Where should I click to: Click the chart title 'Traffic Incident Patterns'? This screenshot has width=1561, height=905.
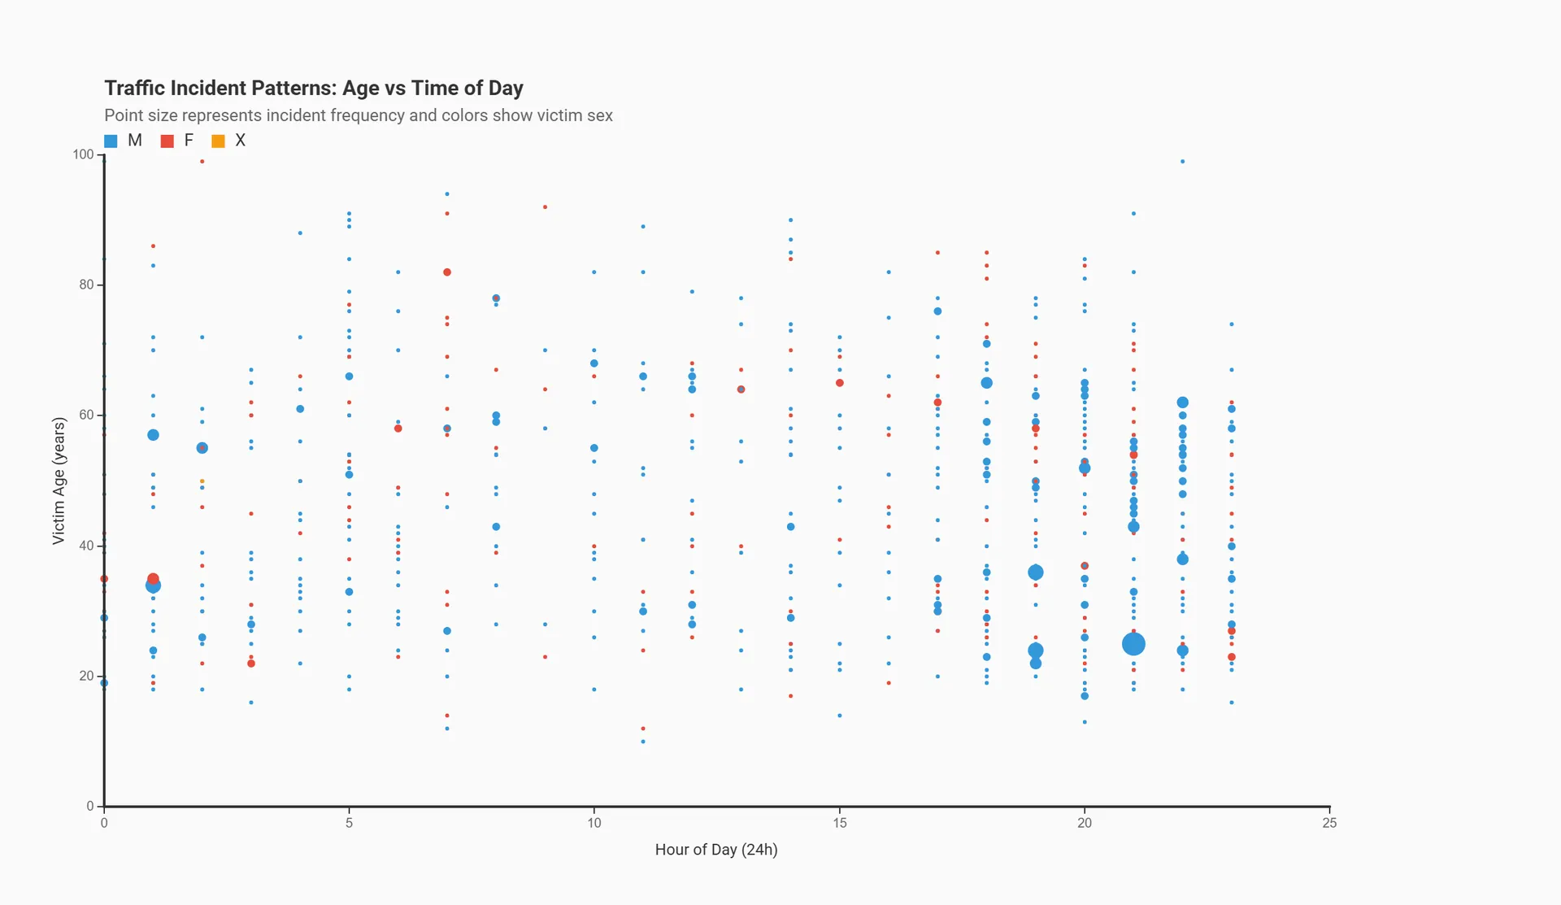(313, 88)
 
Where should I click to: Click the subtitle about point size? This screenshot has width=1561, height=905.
(358, 115)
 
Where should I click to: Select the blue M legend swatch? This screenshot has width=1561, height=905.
(111, 141)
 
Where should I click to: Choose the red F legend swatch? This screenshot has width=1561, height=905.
(167, 141)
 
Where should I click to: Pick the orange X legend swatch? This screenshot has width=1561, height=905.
(218, 141)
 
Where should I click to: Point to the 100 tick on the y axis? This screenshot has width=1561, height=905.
(83, 154)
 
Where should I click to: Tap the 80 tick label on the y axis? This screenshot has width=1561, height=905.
(86, 285)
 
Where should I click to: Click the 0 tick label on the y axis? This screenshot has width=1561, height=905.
(90, 806)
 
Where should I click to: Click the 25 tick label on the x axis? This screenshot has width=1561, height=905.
(1329, 823)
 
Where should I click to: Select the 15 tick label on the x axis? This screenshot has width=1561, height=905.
(839, 823)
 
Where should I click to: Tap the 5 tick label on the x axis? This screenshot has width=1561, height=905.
(350, 823)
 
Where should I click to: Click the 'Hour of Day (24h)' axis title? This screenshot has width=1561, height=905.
(716, 850)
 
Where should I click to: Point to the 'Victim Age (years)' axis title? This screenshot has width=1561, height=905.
(59, 481)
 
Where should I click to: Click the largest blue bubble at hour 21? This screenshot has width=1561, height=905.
(1133, 644)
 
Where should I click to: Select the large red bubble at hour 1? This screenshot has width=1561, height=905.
(153, 579)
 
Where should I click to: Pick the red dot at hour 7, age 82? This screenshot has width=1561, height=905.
(447, 272)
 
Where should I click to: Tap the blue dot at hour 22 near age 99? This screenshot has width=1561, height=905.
(1182, 162)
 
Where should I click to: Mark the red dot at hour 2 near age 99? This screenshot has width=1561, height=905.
(202, 162)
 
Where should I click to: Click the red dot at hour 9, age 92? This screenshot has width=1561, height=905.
(545, 207)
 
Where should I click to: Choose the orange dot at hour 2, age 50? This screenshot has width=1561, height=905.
(202, 481)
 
